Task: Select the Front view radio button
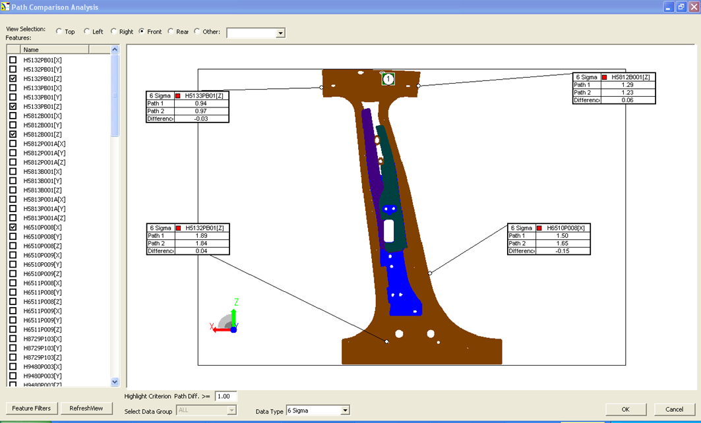point(142,32)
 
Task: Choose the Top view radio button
point(59,32)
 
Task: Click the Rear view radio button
point(171,32)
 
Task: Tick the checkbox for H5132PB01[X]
point(13,60)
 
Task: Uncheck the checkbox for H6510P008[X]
point(13,227)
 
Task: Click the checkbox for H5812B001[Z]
point(13,134)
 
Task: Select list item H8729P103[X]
point(42,339)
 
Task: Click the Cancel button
point(674,409)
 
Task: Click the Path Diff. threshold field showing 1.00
point(226,397)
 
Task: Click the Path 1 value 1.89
point(201,235)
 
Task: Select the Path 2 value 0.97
point(201,111)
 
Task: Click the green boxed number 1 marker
point(388,79)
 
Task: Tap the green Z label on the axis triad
point(235,302)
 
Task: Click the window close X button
point(693,7)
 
